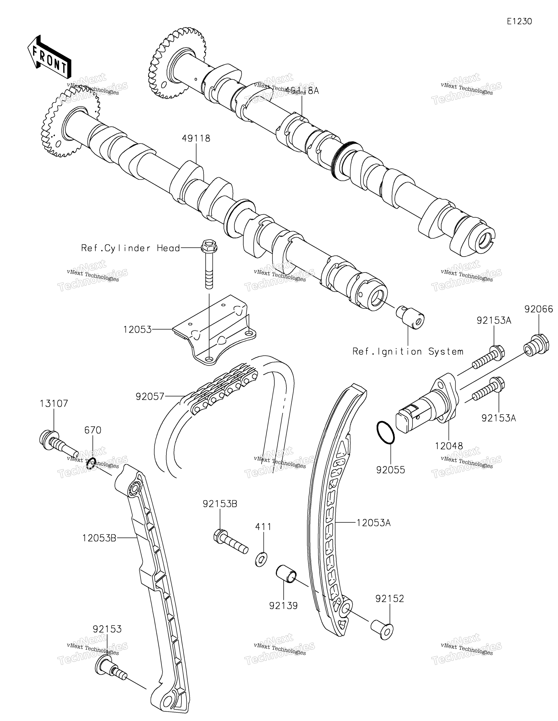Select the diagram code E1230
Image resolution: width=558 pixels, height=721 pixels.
coord(519,21)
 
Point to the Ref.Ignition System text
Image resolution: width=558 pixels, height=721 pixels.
coord(408,352)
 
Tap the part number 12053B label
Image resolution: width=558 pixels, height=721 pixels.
coord(99,538)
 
